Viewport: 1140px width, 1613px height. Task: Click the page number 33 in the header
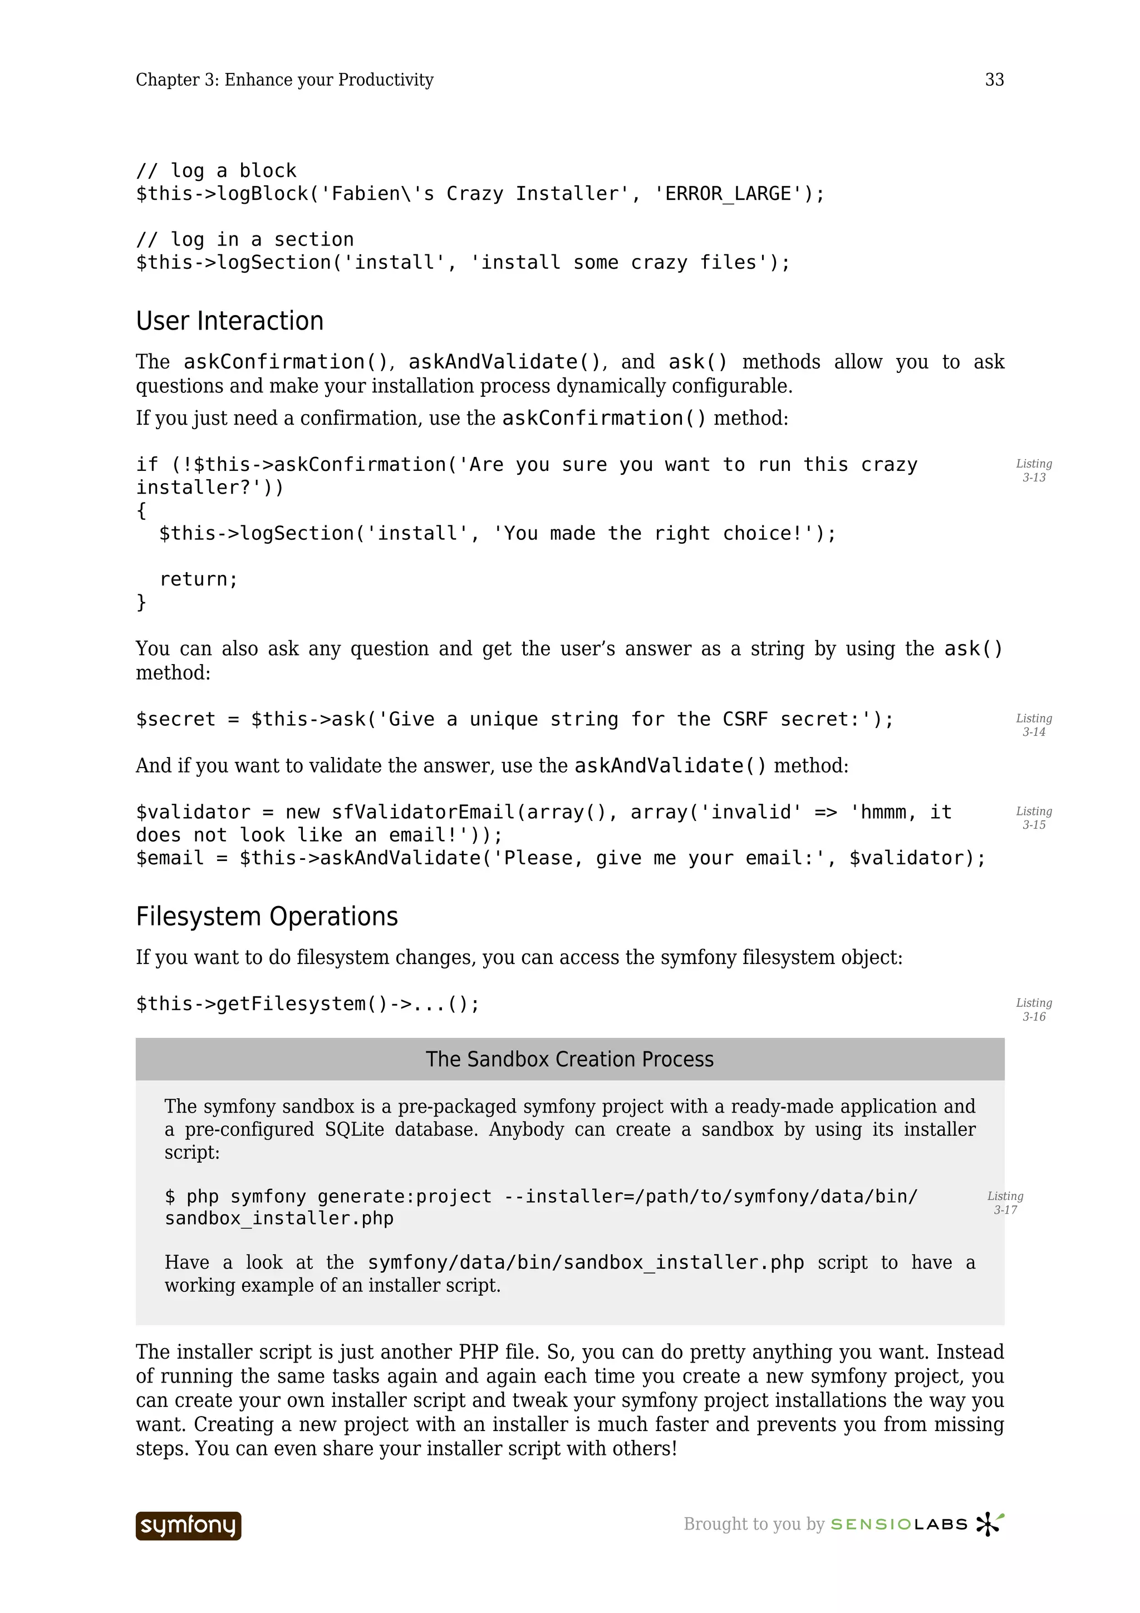pos(994,80)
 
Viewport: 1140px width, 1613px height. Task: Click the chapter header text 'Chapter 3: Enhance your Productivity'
pos(284,80)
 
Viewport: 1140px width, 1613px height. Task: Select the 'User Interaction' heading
pos(230,321)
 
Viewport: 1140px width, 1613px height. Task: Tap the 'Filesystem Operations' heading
pos(267,917)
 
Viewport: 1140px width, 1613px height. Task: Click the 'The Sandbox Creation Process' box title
pos(569,1059)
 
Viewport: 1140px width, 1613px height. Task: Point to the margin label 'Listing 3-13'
pos(1033,471)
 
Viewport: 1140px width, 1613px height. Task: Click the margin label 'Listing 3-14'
pos(1033,725)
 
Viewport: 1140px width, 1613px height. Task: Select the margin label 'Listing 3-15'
pos(1033,818)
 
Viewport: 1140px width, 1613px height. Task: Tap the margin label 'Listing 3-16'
pos(1033,1010)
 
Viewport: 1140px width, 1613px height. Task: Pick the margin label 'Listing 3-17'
pos(1005,1203)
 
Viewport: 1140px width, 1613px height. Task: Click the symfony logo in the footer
pos(188,1525)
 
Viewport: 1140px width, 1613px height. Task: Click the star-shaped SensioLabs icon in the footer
pos(989,1524)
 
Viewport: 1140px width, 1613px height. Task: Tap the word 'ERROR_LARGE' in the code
pos(729,194)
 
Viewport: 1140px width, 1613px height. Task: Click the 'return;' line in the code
pos(199,579)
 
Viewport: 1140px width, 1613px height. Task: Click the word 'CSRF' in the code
pos(745,719)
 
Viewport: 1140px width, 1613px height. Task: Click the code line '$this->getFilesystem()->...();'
pos(308,1004)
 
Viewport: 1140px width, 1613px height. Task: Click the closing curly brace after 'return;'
pos(141,602)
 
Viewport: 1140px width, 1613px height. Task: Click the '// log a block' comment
pos(217,171)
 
